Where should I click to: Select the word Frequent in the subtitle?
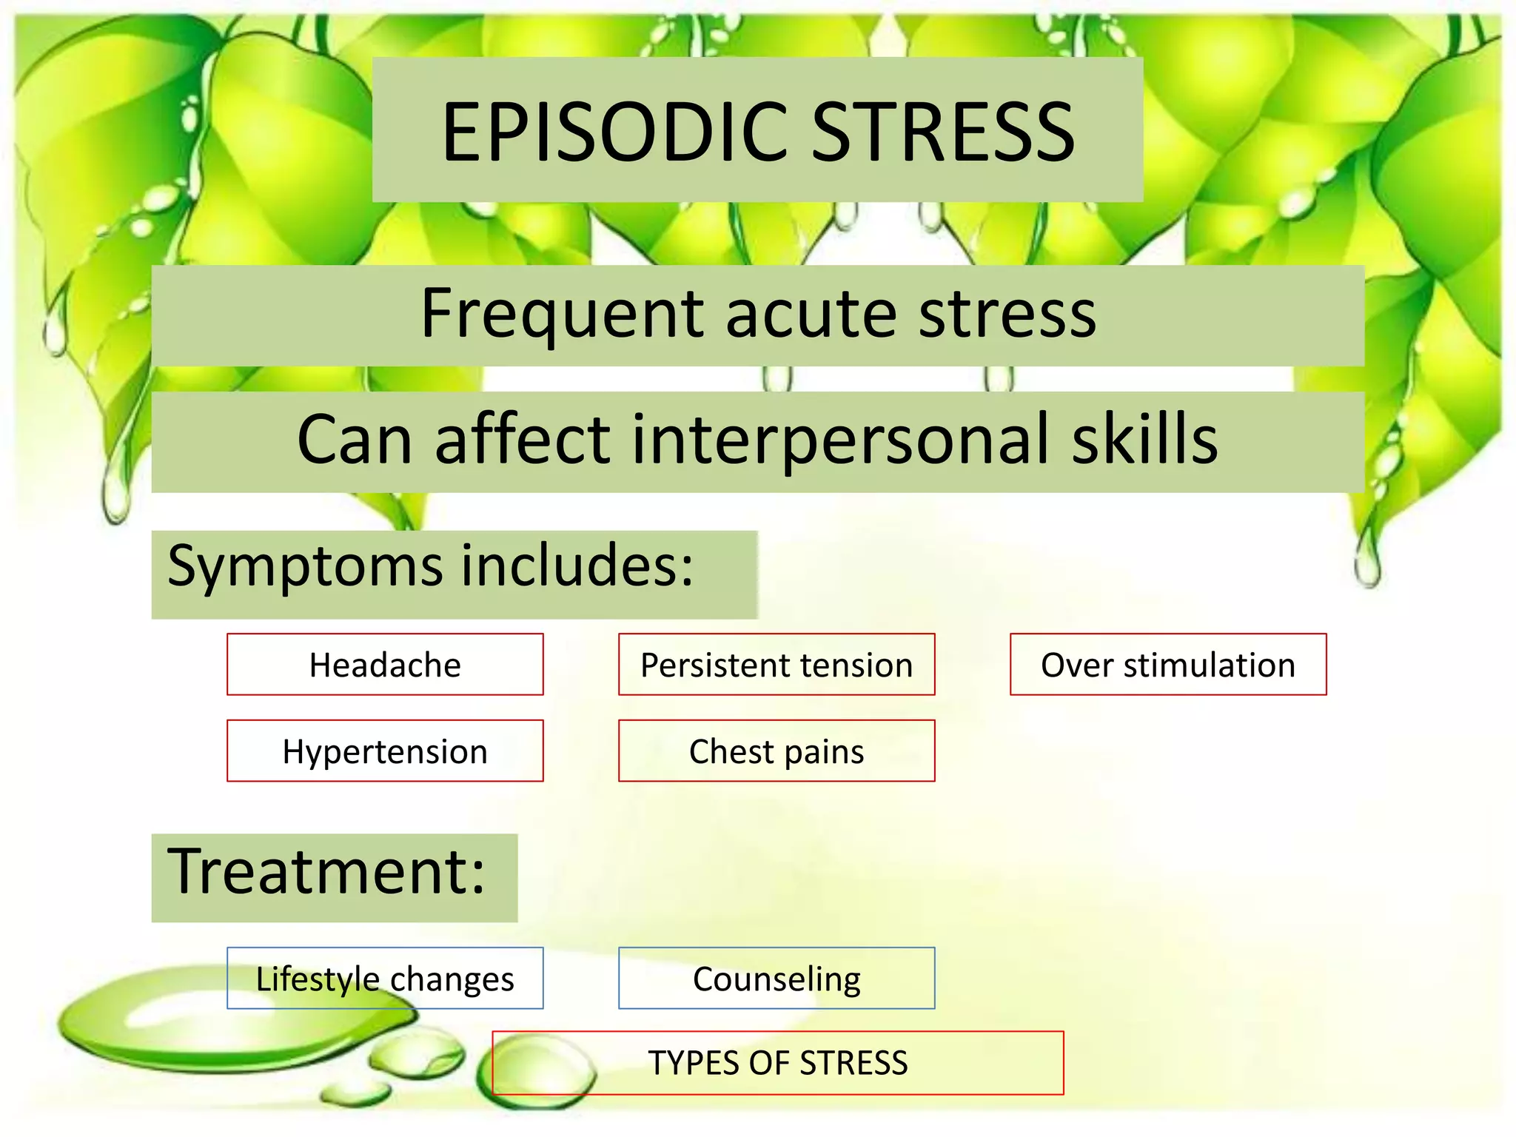[x=562, y=314]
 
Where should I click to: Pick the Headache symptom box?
[x=385, y=665]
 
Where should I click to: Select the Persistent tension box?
[x=777, y=665]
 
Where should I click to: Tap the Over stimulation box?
[x=1168, y=665]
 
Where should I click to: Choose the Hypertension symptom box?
[x=385, y=751]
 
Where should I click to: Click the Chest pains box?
[x=777, y=751]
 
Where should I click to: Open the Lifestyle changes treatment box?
[x=385, y=979]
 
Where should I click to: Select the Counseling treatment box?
[x=777, y=979]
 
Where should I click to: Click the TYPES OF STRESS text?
[x=778, y=1063]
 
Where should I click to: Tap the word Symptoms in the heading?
[x=303, y=566]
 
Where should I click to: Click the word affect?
[x=523, y=440]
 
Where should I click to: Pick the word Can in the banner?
[x=355, y=440]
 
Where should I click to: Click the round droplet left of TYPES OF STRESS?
[x=543, y=1070]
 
